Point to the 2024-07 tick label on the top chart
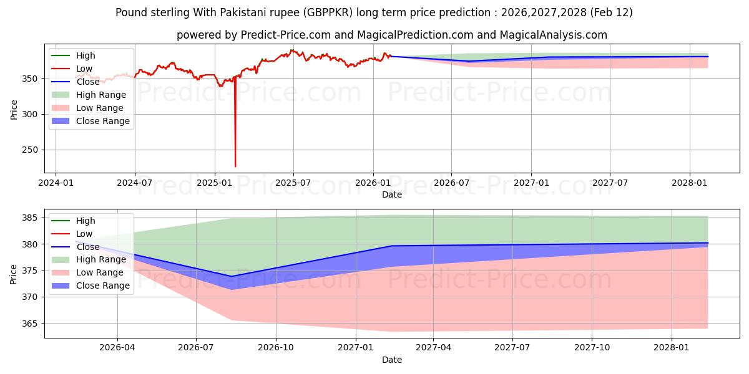(x=135, y=183)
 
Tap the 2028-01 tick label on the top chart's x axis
(x=690, y=183)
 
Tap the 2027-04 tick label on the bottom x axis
(x=433, y=348)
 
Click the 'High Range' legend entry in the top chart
(x=100, y=95)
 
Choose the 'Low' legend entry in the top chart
(x=84, y=69)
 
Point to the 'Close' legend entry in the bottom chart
(x=87, y=247)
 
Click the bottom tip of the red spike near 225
(x=235, y=166)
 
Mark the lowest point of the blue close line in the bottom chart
(x=232, y=276)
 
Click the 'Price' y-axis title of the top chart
(x=14, y=110)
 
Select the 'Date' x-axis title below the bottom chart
(x=391, y=360)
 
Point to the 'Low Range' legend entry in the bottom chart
(x=100, y=272)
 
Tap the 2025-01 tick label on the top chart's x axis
(x=215, y=183)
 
